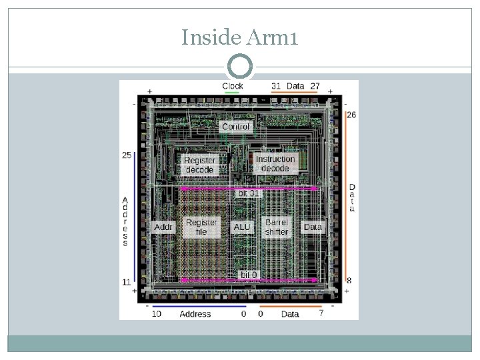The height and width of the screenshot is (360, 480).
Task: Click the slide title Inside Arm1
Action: point(239,39)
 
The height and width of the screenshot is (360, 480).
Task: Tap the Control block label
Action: point(235,127)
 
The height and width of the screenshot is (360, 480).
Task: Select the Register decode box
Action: point(199,165)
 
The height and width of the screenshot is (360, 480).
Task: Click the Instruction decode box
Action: point(275,163)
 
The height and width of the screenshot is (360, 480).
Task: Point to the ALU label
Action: point(241,227)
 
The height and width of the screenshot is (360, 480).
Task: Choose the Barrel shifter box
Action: point(276,227)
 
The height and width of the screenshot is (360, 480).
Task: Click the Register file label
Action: point(201,227)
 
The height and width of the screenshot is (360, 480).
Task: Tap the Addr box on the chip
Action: point(163,227)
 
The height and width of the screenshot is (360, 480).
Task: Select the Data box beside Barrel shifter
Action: point(312,227)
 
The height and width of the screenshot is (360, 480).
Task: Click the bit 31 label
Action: point(249,193)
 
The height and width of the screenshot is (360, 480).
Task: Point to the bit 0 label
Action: point(248,275)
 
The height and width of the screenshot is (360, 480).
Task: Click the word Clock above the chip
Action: point(233,85)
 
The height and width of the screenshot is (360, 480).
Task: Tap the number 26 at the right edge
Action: point(351,115)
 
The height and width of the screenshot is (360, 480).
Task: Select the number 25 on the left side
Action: point(127,155)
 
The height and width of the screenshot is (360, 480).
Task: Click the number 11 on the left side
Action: point(126,282)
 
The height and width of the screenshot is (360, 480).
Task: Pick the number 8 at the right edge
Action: point(349,281)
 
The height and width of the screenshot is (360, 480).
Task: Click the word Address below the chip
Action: point(195,314)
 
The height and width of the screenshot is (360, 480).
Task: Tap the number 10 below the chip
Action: point(156,313)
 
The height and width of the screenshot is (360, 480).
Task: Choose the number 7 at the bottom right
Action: point(321,313)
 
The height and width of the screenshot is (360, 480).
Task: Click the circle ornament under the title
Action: point(240,67)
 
